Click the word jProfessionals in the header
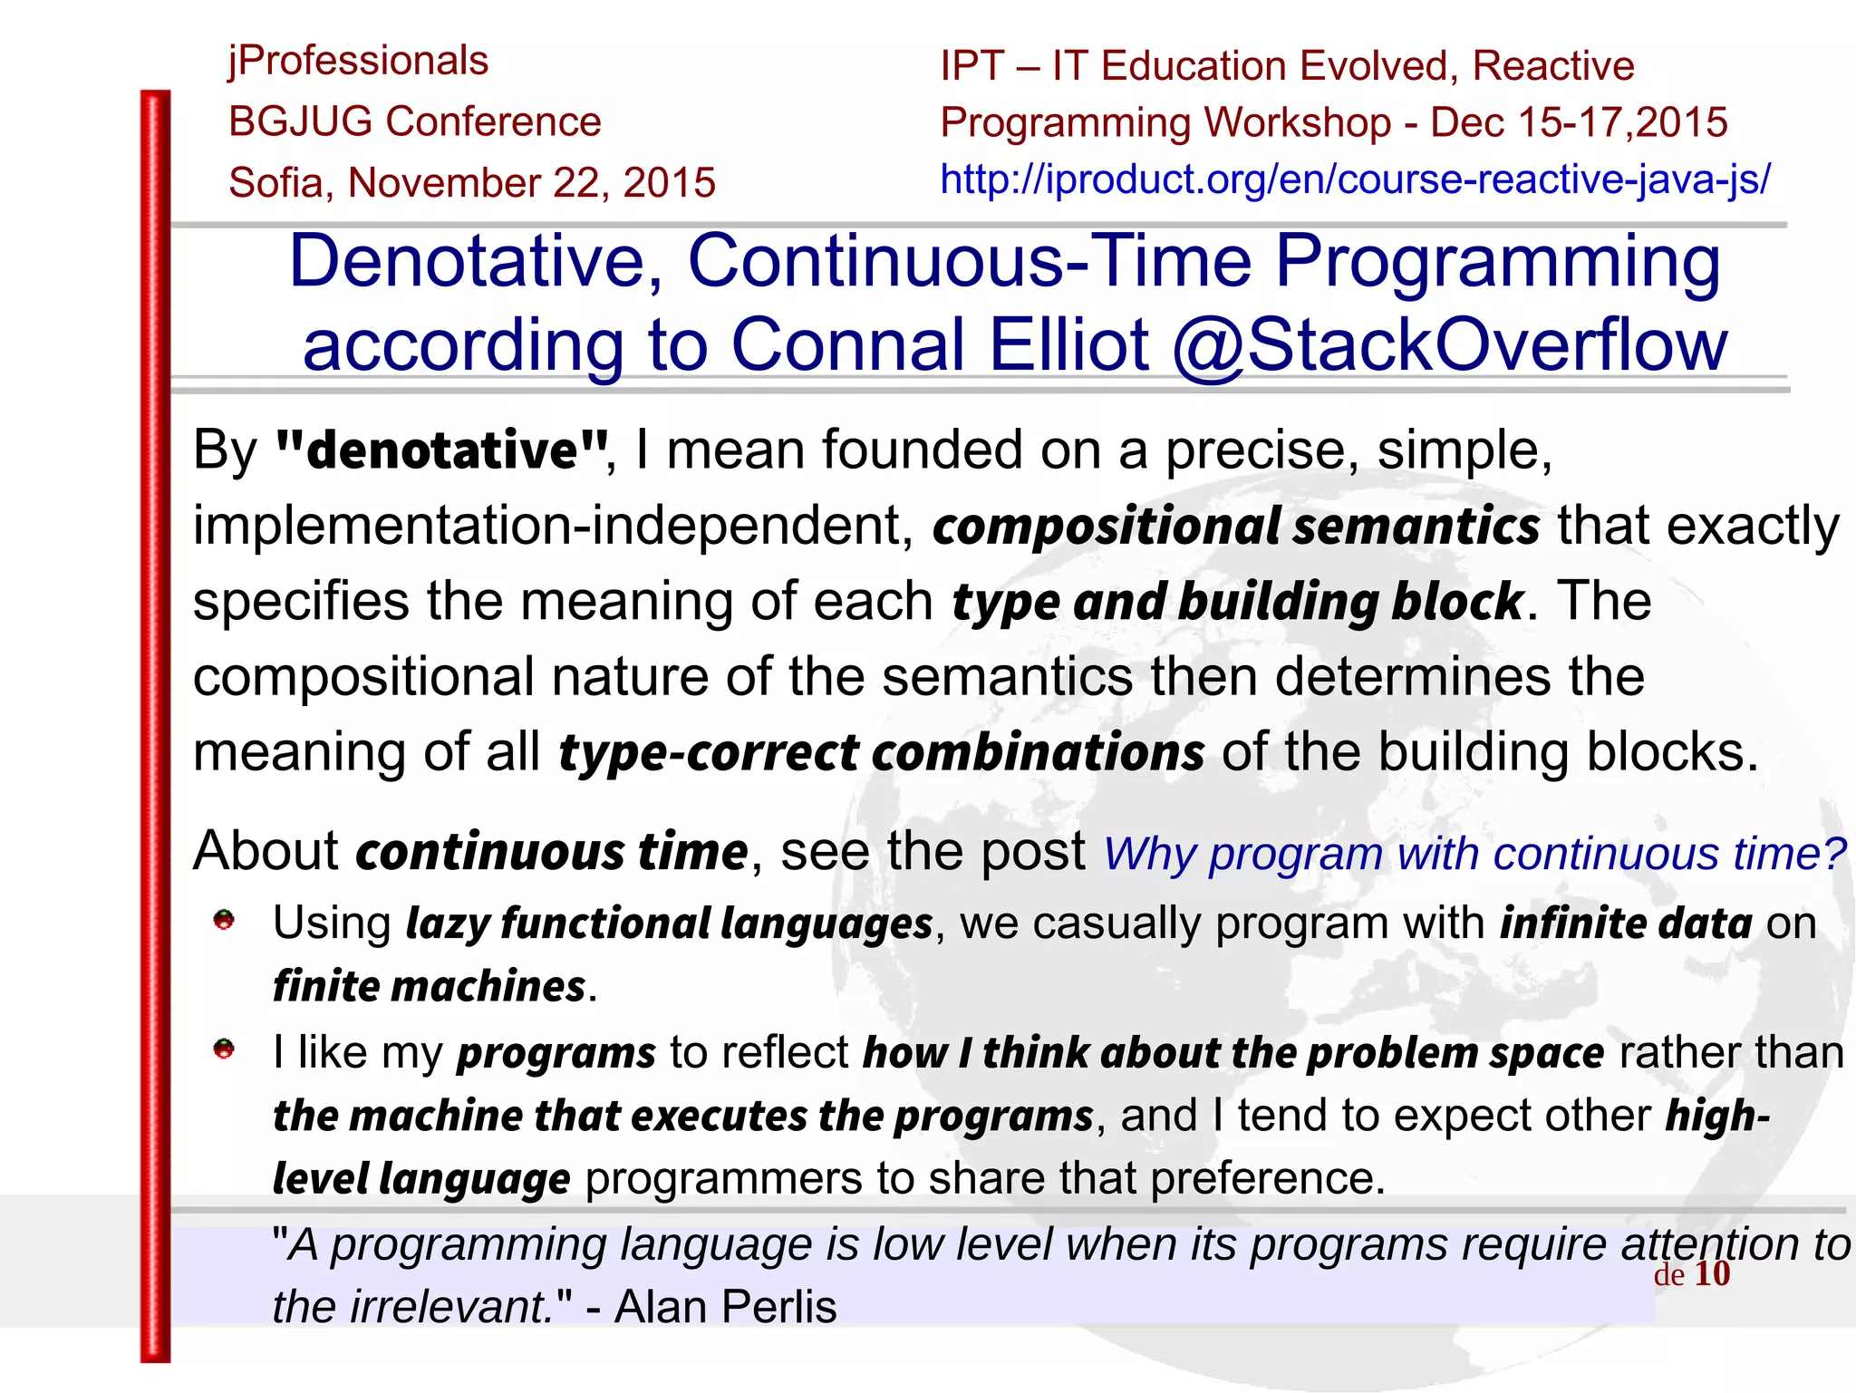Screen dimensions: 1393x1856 [x=358, y=62]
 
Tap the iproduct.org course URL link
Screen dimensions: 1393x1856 [x=1355, y=179]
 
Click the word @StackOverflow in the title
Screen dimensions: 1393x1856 [x=1449, y=345]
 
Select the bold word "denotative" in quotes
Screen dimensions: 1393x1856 [x=441, y=450]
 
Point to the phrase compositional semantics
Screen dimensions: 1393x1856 [x=1236, y=526]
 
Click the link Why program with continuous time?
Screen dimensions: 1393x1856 [x=1474, y=854]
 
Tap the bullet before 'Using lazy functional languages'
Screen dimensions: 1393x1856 [x=224, y=921]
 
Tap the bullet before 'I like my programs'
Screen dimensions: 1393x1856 [x=224, y=1050]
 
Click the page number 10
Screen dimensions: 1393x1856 [x=1712, y=1273]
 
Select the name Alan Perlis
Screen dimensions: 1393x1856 [x=725, y=1307]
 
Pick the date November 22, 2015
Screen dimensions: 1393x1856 [x=532, y=183]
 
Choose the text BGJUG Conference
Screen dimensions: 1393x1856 [x=415, y=122]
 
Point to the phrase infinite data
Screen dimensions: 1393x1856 [x=1626, y=924]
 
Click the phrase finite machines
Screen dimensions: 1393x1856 [x=430, y=986]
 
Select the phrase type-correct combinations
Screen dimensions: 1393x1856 [x=881, y=752]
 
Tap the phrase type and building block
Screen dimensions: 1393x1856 [x=1237, y=602]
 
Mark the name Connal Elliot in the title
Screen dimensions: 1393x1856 [x=940, y=345]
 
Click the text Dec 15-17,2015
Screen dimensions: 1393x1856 [x=1579, y=122]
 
